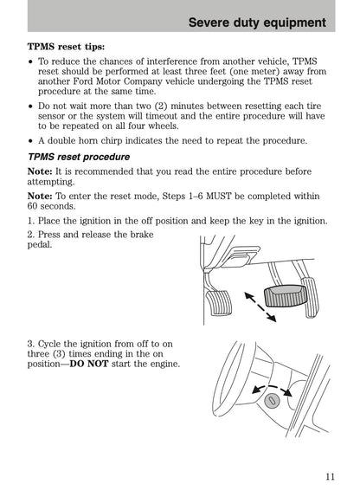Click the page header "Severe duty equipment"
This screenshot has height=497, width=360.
[x=257, y=23]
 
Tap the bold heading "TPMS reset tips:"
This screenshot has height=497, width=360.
[x=66, y=47]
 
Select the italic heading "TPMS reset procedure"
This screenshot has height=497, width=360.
[x=79, y=157]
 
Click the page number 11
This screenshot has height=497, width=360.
[x=330, y=476]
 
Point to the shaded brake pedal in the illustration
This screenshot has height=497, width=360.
[x=286, y=296]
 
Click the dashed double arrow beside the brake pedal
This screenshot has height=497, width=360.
[x=260, y=307]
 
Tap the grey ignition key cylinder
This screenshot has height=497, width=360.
[x=272, y=401]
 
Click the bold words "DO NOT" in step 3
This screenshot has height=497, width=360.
[x=89, y=364]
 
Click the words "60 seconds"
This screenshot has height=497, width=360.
[x=51, y=206]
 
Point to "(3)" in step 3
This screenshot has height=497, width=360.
[x=59, y=354]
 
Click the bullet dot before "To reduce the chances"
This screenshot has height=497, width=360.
[x=30, y=61]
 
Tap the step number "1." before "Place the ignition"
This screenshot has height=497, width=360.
[x=31, y=221]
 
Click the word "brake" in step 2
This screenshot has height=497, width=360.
[x=142, y=235]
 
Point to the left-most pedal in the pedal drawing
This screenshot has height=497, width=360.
[x=219, y=303]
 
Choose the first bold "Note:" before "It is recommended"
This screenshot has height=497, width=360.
[x=40, y=171]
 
